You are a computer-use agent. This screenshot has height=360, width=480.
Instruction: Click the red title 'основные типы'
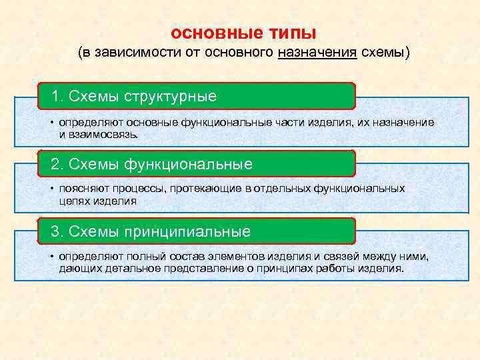[x=243, y=33]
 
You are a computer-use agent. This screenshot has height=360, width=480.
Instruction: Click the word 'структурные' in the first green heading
[x=175, y=97]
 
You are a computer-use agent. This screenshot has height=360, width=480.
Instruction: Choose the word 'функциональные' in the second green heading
[x=193, y=164]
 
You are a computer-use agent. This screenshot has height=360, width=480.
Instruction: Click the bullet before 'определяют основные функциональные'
[x=51, y=123]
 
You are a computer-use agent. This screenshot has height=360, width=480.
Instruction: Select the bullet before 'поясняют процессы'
[x=51, y=189]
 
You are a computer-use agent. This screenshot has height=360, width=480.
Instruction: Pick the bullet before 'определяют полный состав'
[x=51, y=257]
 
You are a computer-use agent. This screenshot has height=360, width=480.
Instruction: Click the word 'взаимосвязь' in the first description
[x=104, y=134]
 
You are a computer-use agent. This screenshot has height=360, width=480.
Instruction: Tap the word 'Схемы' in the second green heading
[x=91, y=164]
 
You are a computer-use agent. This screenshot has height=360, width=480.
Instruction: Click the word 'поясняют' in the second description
[x=79, y=189]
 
